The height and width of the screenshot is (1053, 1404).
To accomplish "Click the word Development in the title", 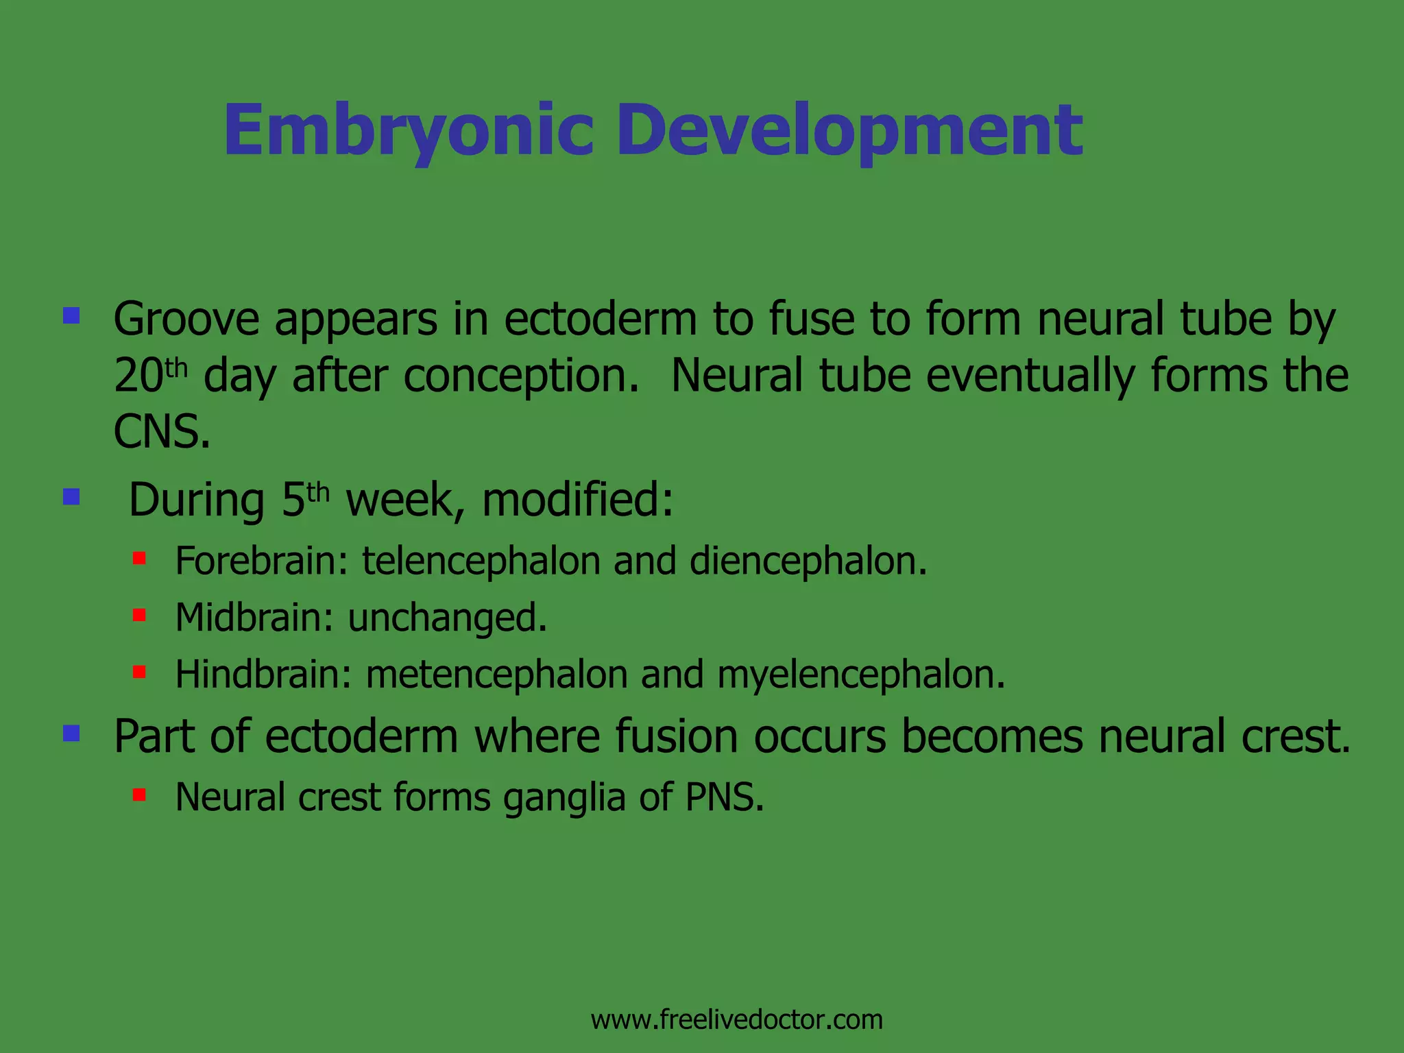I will pos(849,130).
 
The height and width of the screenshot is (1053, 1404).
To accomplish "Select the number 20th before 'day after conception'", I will pos(149,376).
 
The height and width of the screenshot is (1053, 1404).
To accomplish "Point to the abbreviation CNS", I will pos(162,432).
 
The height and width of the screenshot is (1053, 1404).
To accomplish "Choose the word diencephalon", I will pos(808,561).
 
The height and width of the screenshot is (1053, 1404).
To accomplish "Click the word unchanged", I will pos(447,617).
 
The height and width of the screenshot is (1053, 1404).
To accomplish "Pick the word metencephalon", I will pos(496,674).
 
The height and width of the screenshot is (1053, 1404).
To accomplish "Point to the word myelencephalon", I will pos(860,674).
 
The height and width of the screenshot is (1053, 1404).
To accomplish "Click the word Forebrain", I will pos(263,561).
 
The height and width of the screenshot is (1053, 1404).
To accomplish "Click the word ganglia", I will pos(564,799).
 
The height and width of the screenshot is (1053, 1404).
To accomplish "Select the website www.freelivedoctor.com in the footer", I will pos(736,1020).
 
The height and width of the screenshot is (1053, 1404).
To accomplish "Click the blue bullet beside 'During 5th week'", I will pos(71,496).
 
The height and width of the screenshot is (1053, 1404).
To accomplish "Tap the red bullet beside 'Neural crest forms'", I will pos(139,795).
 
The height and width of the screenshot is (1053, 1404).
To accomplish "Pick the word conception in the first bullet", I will pos(520,377).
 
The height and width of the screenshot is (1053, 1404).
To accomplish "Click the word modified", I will pos(577,500).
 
